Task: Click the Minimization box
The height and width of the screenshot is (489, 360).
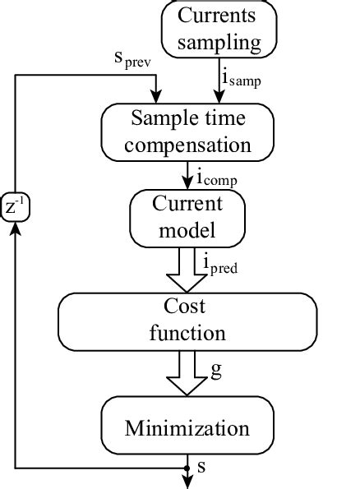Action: (187, 427)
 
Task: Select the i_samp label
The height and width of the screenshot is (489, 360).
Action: (242, 78)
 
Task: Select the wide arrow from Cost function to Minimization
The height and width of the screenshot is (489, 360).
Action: (187, 374)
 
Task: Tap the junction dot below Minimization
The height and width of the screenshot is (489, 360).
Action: (187, 468)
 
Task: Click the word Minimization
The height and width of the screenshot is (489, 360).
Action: (187, 427)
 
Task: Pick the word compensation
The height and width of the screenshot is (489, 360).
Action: (187, 145)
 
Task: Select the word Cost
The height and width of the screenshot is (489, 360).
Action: (187, 307)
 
